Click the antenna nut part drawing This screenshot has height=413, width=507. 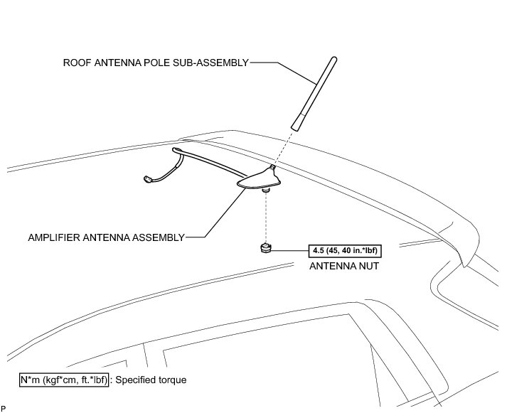click(263, 247)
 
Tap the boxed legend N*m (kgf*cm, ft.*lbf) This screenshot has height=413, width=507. click(64, 380)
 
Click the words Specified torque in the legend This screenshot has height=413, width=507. click(154, 380)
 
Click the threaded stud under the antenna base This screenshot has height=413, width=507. click(265, 190)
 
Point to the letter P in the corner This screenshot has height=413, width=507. click(4, 408)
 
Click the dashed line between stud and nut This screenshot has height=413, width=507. click(265, 217)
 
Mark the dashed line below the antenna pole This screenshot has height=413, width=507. click(283, 146)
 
